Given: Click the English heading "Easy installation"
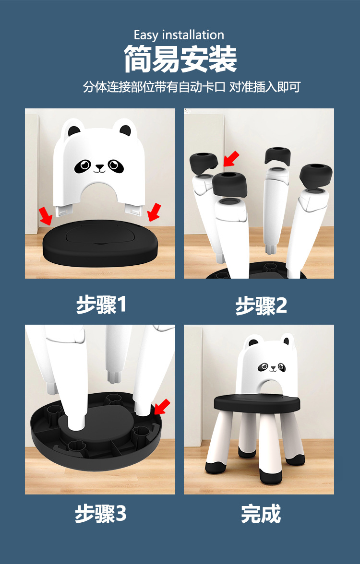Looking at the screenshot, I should pos(179,35).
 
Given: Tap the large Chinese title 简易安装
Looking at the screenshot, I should pos(180,59).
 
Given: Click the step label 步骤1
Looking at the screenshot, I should pos(101,305).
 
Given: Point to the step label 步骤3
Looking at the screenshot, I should pos(100,514).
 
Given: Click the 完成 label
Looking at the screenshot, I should pos(261,514).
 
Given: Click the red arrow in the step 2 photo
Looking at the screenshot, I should pos(233,158).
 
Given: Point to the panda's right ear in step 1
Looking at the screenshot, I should pos(125,129).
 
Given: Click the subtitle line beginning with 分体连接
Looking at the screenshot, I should pos(192,87).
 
